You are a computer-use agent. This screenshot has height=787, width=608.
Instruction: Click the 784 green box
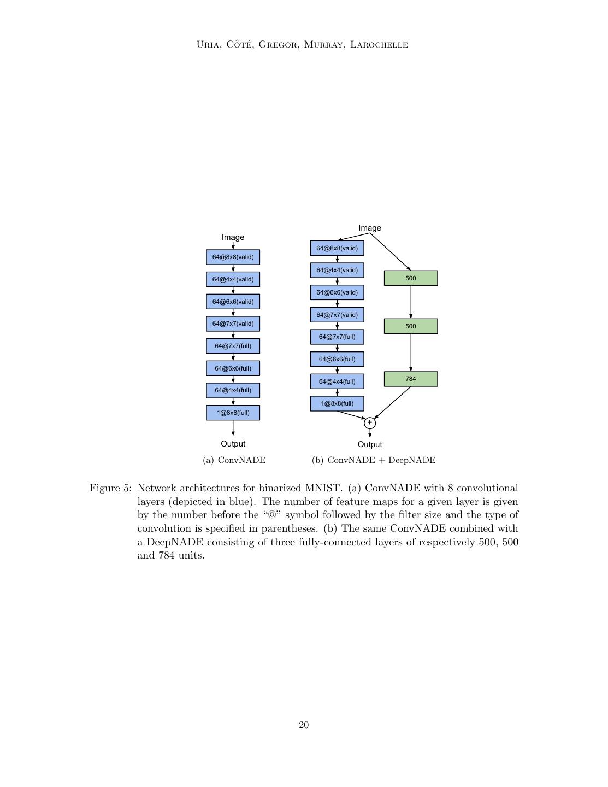[x=411, y=379]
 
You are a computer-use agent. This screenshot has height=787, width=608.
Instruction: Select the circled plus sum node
[x=370, y=422]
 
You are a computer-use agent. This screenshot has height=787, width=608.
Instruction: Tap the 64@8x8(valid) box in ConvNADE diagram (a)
[x=233, y=257]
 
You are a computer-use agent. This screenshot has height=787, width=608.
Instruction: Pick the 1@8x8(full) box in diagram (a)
[x=233, y=413]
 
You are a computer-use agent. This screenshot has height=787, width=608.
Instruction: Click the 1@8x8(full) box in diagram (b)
[x=337, y=403]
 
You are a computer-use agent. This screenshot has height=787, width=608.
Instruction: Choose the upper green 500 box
[x=411, y=278]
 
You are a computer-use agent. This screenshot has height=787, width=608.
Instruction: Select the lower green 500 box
[x=411, y=326]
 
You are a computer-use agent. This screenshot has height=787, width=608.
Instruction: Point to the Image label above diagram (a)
[x=233, y=237]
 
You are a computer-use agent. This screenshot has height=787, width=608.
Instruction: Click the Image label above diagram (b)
[x=370, y=228]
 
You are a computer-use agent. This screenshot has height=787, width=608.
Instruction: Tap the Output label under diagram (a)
[x=233, y=444]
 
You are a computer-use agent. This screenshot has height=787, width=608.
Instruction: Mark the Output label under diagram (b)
[x=370, y=444]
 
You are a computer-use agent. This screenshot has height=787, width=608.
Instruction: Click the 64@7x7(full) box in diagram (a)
[x=233, y=346]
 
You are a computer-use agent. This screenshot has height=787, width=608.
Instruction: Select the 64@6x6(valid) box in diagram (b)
[x=337, y=292]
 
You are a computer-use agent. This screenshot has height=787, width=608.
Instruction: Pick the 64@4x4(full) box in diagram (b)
[x=337, y=381]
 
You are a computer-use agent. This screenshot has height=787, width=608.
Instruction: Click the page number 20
[x=304, y=725]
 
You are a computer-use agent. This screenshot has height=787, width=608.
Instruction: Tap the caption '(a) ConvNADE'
[x=234, y=460]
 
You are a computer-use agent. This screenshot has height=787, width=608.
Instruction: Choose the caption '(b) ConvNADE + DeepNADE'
[x=374, y=460]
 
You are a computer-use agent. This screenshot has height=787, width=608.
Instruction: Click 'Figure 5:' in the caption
[x=110, y=488]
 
